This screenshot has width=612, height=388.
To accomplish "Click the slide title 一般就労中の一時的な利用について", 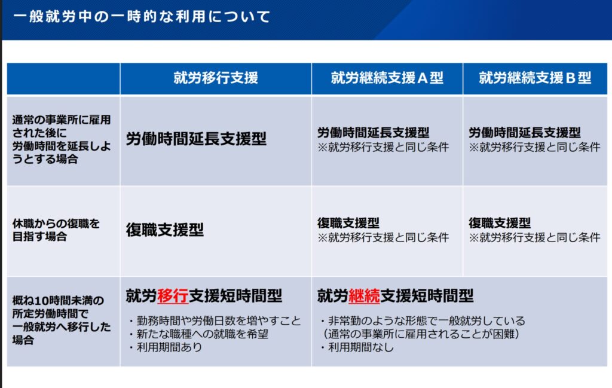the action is (142, 17).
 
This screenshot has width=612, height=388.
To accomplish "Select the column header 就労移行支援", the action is (216, 78).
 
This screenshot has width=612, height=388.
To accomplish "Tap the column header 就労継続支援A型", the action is (387, 78).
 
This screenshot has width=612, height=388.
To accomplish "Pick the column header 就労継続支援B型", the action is (535, 78).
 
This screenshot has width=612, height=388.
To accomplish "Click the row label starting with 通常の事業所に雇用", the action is (62, 139).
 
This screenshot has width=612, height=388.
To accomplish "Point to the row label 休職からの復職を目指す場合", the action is (56, 230).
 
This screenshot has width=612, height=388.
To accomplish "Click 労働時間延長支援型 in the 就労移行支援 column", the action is (196, 139).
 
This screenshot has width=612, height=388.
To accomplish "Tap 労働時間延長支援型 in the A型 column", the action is (373, 133).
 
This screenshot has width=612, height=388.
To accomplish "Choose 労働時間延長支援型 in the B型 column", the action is (525, 133).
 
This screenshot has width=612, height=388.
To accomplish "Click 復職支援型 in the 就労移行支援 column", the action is (165, 230).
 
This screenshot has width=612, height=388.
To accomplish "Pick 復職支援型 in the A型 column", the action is (348, 223).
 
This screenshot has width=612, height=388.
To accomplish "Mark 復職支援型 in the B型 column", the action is (500, 223).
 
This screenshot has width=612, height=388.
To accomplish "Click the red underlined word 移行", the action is (173, 296).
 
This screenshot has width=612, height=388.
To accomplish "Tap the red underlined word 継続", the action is (364, 296).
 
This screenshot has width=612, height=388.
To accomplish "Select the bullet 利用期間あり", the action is (166, 347).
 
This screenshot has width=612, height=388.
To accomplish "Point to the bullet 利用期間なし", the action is (357, 347).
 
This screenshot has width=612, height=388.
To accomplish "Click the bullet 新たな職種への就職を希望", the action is (198, 334).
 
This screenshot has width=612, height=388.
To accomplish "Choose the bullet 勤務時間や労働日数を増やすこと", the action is (215, 321).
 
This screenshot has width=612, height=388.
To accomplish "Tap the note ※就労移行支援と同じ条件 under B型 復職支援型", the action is (534, 237).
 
